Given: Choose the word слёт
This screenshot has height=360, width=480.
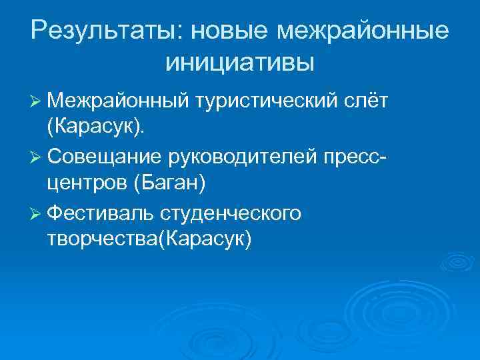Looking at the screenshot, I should click(x=368, y=101).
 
